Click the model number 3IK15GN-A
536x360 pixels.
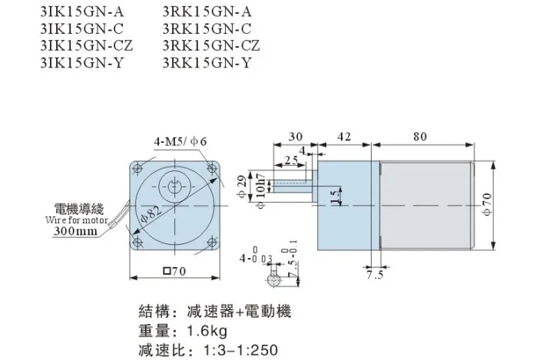point(82,12)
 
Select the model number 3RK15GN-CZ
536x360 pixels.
point(211,45)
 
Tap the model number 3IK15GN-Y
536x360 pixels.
point(81,63)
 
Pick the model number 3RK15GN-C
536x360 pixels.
point(207,28)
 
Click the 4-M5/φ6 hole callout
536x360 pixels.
point(180,141)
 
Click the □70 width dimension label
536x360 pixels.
point(174,271)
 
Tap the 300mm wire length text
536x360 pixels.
point(75,231)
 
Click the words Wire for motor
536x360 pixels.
point(77,220)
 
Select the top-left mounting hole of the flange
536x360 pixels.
point(138,169)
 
